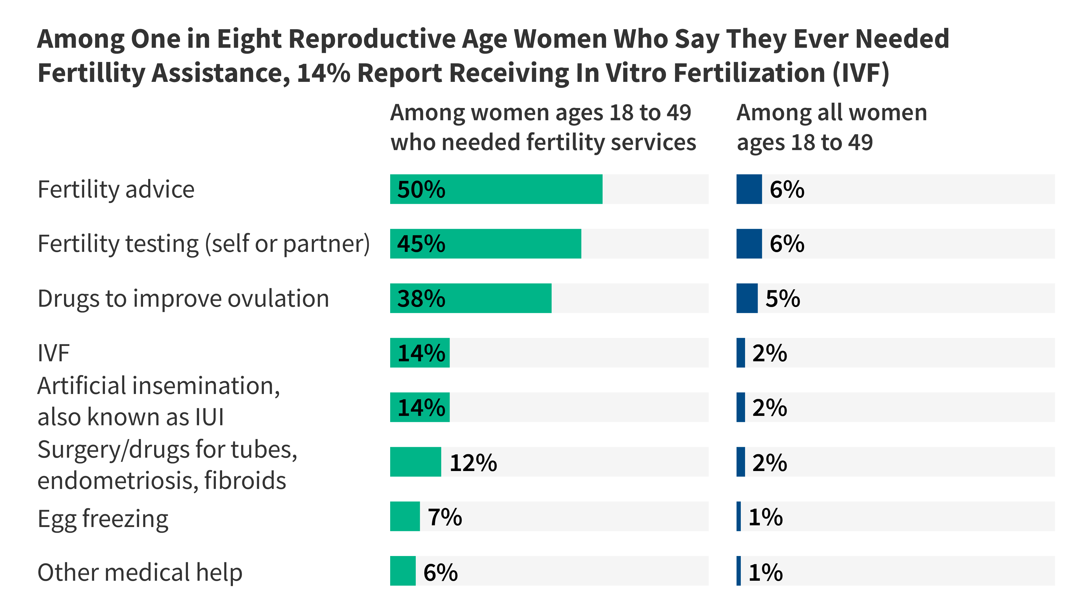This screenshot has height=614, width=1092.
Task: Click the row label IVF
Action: coord(53,353)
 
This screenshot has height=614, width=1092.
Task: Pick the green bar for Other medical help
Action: coord(402,571)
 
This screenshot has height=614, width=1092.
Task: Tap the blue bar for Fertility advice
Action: coord(749,189)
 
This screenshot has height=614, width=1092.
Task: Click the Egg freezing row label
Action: coord(103,519)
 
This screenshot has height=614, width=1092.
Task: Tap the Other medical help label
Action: coord(140,572)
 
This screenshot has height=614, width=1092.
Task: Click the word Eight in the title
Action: coord(249,39)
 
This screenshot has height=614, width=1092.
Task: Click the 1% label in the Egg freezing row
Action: coord(765,517)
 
